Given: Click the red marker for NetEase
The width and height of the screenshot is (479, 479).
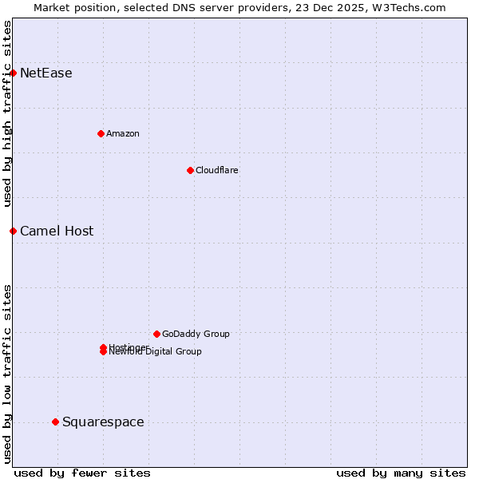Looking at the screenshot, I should click(13, 73).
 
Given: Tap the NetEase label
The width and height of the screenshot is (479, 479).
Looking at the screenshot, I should click(46, 73).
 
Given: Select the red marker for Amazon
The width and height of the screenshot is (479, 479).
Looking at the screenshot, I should click(101, 133).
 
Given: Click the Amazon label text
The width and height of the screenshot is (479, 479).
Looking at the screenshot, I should click(123, 133).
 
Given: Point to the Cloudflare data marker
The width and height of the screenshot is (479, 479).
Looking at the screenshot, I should click(190, 170).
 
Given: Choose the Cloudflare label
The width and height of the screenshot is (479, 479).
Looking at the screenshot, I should click(217, 170).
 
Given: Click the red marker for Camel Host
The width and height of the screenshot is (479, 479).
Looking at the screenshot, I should click(13, 232).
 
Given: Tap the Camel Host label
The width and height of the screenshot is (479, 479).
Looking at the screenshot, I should click(57, 232).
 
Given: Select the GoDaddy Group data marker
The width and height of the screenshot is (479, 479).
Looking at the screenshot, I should click(156, 334).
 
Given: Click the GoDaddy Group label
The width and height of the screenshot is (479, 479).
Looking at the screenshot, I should click(196, 334).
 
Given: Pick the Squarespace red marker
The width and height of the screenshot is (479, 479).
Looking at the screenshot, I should click(55, 422).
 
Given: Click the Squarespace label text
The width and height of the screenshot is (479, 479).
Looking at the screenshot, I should click(103, 422).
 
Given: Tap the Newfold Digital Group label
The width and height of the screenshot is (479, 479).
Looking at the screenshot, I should click(156, 352).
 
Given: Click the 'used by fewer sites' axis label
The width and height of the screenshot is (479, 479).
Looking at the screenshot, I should click(82, 473).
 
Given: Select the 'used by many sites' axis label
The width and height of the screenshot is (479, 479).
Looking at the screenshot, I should click(401, 473).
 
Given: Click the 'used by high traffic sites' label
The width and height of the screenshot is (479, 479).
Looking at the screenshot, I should click(7, 113).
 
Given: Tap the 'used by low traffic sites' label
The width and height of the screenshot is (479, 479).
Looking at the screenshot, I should click(7, 374).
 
